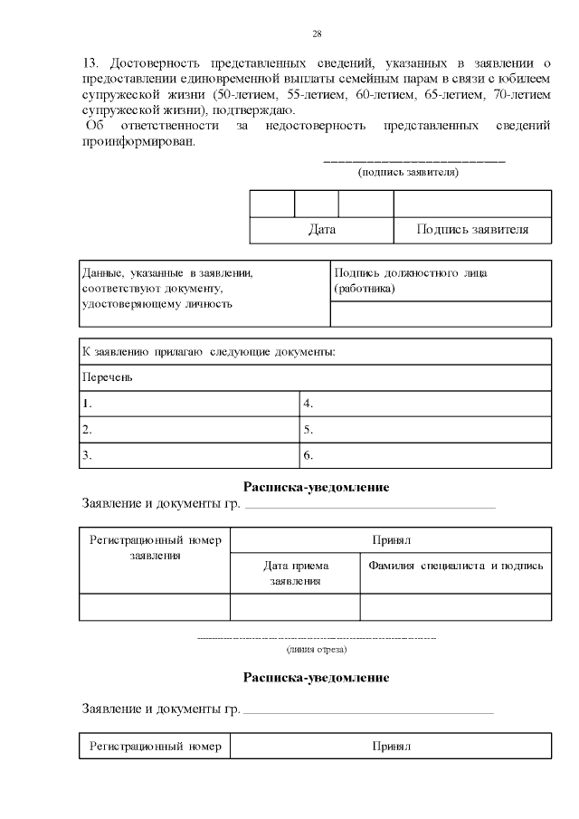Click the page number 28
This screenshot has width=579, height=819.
(x=317, y=34)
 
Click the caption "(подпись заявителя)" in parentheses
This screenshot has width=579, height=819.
(x=408, y=171)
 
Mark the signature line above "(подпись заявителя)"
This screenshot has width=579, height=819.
(x=413, y=160)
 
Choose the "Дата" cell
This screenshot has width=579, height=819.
(x=321, y=230)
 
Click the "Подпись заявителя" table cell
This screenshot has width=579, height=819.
(x=472, y=230)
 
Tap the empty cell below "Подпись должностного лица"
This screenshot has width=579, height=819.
(x=441, y=314)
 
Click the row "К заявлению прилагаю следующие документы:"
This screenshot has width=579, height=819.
(x=315, y=351)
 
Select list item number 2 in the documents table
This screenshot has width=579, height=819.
(x=189, y=430)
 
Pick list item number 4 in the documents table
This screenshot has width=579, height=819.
(x=425, y=404)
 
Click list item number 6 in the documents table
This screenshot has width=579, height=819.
(x=425, y=455)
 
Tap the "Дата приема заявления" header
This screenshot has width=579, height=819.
(x=295, y=573)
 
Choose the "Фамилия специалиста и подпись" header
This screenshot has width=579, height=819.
(x=455, y=566)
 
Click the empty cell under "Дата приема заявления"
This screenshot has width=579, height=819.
(x=295, y=606)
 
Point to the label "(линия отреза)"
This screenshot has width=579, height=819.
(x=316, y=649)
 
